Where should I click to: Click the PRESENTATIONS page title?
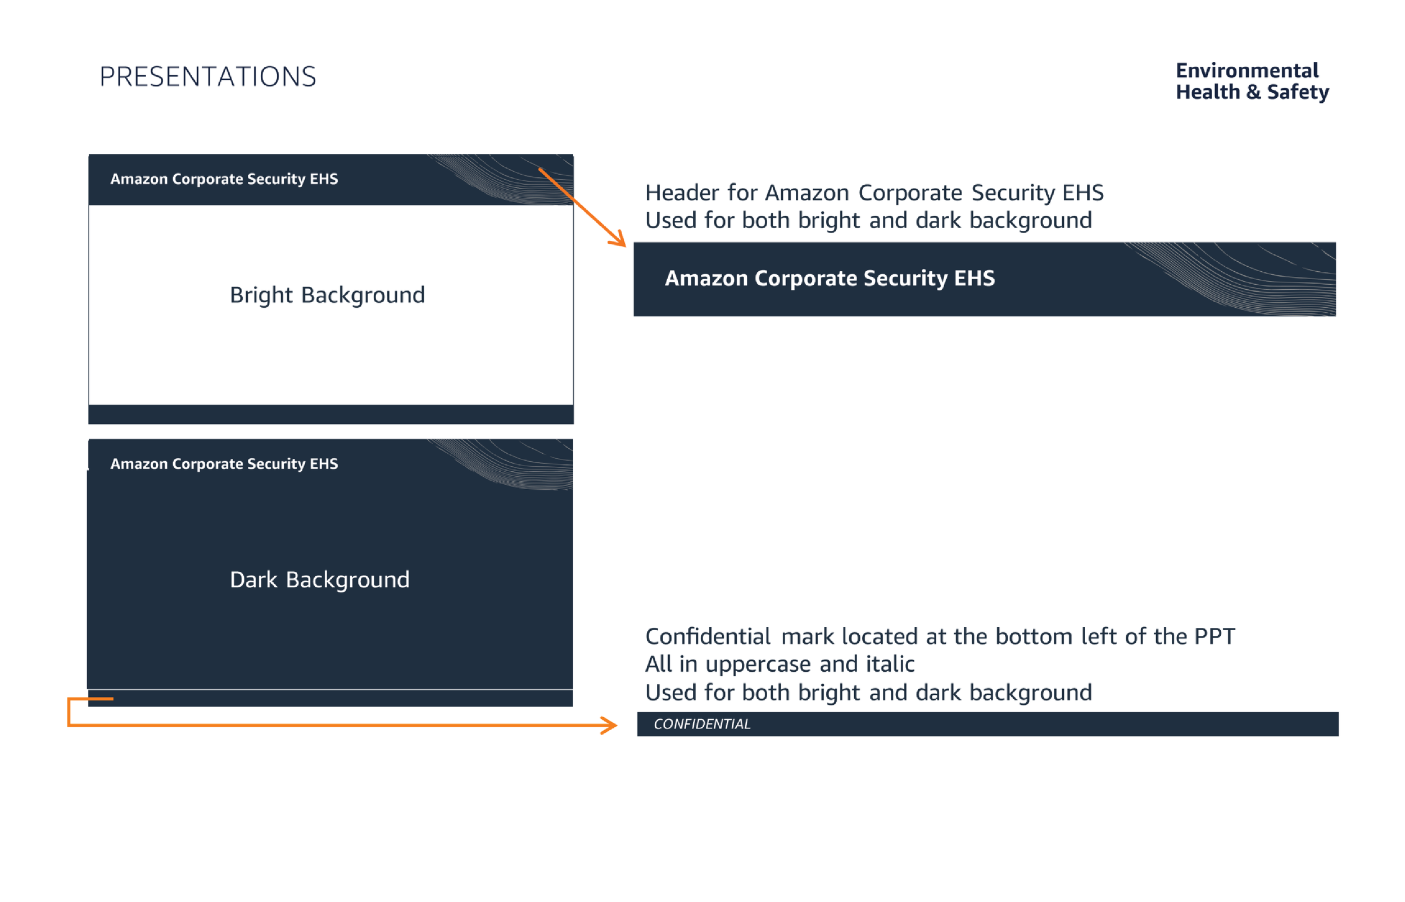coord(207,77)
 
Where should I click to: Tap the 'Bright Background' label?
coord(327,295)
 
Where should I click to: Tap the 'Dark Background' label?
coord(319,579)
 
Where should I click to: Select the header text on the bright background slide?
coord(224,179)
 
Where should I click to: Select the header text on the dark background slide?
coord(224,463)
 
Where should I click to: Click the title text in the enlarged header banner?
coord(829,278)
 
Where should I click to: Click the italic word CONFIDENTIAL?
coord(701,724)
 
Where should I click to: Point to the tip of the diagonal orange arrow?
coord(624,245)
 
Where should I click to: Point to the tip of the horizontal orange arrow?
coord(615,725)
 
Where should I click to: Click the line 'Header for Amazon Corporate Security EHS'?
coord(873,193)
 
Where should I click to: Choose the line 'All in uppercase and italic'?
coord(779,664)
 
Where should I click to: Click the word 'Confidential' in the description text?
coord(707,636)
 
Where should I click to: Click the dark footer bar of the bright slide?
coord(330,414)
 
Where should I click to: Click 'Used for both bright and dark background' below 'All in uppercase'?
coord(868,693)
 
